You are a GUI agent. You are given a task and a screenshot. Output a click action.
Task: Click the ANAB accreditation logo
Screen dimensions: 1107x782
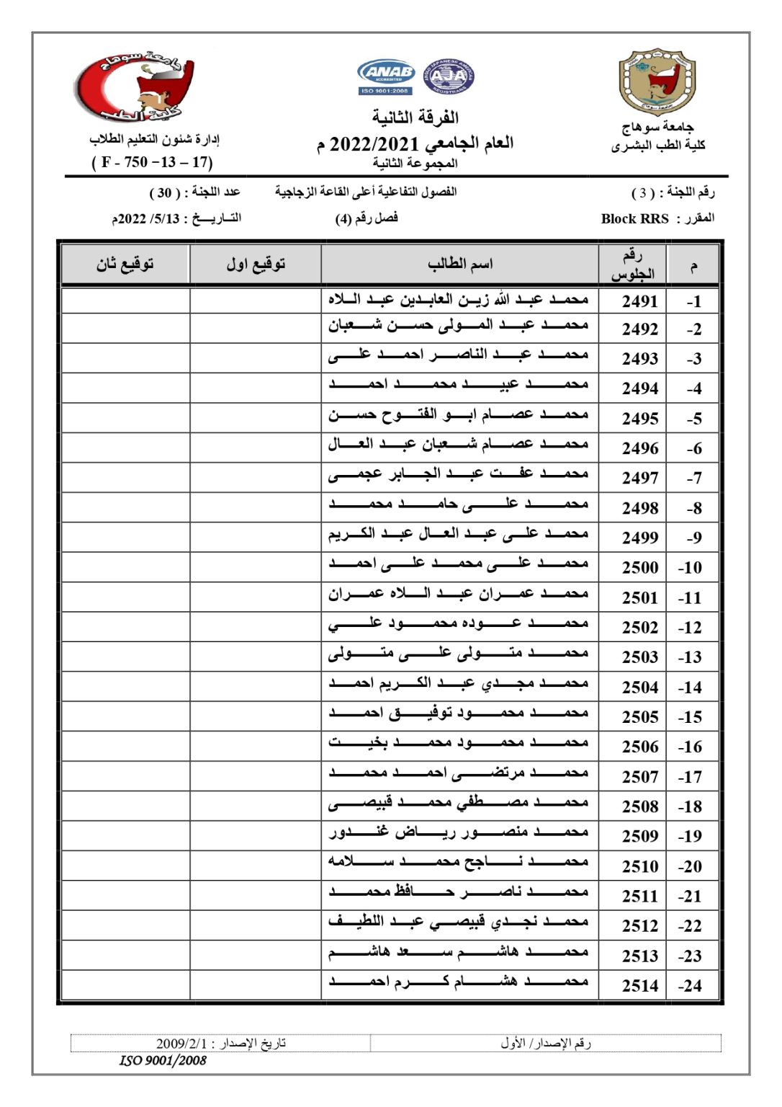(x=386, y=76)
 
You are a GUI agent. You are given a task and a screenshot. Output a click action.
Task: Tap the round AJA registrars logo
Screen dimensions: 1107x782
(x=449, y=76)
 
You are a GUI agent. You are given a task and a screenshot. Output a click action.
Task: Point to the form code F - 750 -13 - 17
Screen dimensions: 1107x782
(x=152, y=162)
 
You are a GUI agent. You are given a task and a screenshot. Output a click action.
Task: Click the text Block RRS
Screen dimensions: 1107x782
(x=634, y=218)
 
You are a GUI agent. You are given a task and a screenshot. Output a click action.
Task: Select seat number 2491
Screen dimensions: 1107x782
(x=639, y=301)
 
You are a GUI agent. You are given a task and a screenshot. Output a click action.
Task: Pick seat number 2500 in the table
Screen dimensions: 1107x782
(x=639, y=568)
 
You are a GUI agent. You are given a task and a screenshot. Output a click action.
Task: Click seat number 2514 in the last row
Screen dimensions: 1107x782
(x=639, y=985)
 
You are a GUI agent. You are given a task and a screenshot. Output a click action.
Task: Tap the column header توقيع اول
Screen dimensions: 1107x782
(x=256, y=264)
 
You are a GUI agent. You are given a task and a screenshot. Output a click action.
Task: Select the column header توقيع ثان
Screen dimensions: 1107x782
(x=125, y=264)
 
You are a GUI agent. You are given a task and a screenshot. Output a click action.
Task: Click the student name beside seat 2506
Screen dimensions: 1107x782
(x=459, y=743)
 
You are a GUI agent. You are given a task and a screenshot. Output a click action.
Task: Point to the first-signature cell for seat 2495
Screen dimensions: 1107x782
(x=256, y=418)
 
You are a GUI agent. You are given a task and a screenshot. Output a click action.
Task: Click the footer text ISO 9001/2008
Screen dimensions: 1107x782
(x=163, y=1061)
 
